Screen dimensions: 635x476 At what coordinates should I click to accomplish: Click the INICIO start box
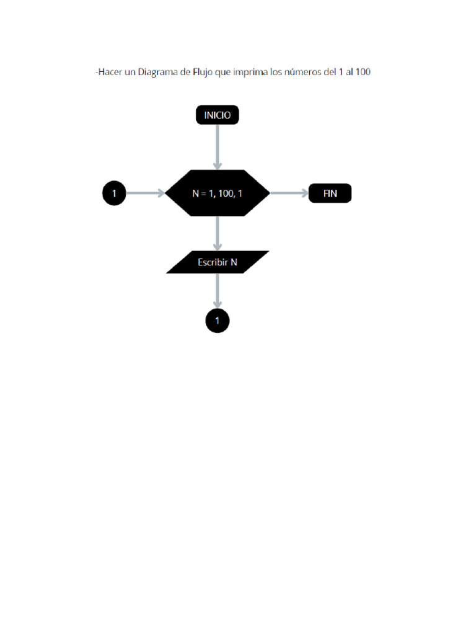(217, 115)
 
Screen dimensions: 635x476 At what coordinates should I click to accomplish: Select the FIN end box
(330, 193)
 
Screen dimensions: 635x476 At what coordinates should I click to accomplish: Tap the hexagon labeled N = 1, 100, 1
(218, 193)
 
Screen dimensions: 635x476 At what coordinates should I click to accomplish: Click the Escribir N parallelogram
(218, 262)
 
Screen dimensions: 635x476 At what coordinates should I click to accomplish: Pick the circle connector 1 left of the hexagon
(114, 193)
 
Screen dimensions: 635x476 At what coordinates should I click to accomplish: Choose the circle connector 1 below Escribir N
(218, 321)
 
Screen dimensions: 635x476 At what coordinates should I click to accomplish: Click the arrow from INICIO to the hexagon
(218, 146)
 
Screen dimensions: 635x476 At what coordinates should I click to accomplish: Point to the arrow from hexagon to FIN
(289, 193)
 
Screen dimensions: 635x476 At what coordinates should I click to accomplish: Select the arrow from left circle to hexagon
(146, 193)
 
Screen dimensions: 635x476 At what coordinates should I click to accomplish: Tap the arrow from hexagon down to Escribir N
(218, 233)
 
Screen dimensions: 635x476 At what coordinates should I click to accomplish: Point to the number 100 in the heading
(363, 73)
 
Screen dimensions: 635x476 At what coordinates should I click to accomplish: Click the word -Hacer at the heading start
(110, 73)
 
